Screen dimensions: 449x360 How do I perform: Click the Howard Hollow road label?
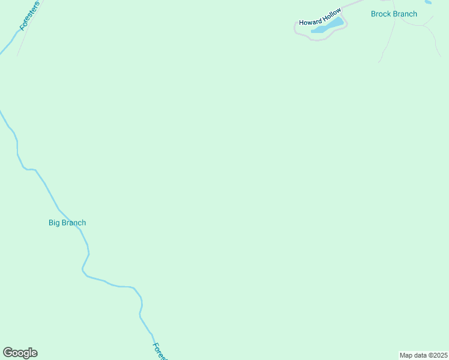pyautogui.click(x=320, y=17)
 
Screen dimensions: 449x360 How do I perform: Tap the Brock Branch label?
pyautogui.click(x=394, y=14)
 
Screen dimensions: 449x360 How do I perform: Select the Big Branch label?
pyautogui.click(x=67, y=223)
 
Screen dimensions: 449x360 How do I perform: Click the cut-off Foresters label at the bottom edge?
pyautogui.click(x=159, y=350)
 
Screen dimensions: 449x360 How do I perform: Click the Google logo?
pyautogui.click(x=20, y=353)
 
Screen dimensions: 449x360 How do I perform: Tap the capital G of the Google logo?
pyautogui.click(x=8, y=352)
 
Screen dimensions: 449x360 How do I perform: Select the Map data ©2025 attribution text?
pyautogui.click(x=423, y=355)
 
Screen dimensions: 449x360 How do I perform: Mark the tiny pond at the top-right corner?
pyautogui.click(x=428, y=2)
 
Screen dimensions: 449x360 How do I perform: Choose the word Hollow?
pyautogui.click(x=331, y=12)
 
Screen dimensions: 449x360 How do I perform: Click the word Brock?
pyautogui.click(x=381, y=14)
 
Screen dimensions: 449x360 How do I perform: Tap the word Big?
pyautogui.click(x=55, y=223)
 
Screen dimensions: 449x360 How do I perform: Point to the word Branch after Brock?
pyautogui.click(x=405, y=14)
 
